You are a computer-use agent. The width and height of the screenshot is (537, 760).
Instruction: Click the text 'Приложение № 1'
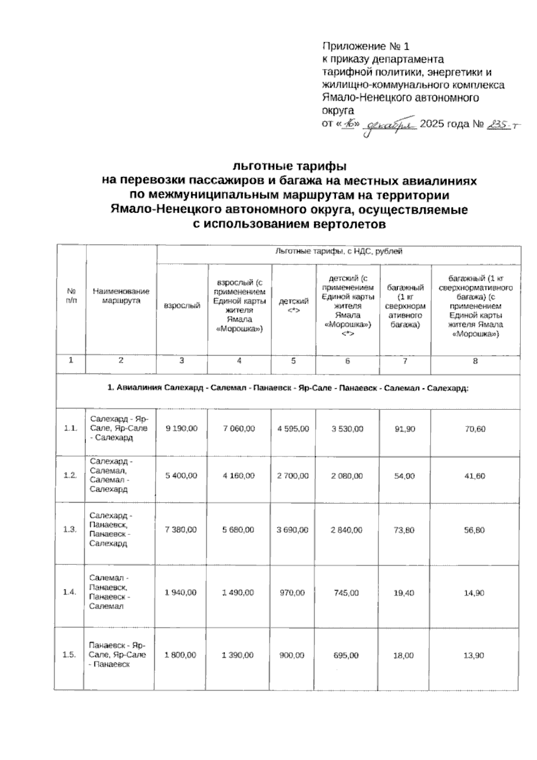pos(366,47)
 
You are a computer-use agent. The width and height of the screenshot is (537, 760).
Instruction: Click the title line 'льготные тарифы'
pos(290,167)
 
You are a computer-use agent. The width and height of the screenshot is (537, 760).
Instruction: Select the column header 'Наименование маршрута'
pos(121,296)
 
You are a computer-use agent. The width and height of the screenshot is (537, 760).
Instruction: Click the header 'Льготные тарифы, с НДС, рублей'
pos(338,251)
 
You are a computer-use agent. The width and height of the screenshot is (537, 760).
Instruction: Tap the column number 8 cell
pos(475,361)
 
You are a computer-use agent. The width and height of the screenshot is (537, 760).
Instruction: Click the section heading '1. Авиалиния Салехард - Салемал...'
pos(288,388)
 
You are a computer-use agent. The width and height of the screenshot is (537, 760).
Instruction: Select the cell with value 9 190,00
pos(181,429)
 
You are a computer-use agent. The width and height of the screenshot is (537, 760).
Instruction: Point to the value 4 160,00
pos(239,476)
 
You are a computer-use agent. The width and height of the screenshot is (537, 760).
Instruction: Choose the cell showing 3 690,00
pos(293,530)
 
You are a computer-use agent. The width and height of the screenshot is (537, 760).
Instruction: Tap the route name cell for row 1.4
pos(110,592)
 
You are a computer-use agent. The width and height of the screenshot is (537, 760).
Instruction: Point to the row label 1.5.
pos(69,655)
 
